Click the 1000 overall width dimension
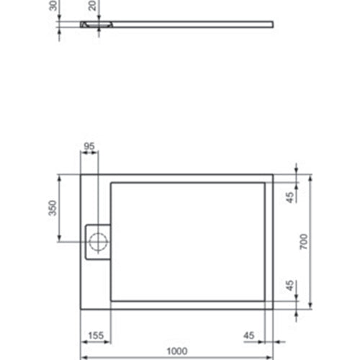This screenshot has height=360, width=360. click(x=177, y=351)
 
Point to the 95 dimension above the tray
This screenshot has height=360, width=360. click(x=89, y=147)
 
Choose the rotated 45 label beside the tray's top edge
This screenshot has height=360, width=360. click(x=289, y=197)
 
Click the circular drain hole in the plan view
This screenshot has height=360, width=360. click(x=96, y=240)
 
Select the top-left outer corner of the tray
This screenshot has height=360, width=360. click(x=79, y=174)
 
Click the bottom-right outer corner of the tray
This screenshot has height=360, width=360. click(x=273, y=310)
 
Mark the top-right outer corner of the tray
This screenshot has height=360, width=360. click(x=273, y=174)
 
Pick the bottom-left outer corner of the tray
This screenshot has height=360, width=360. click(x=79, y=310)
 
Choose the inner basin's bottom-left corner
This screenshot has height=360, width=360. click(x=110, y=300)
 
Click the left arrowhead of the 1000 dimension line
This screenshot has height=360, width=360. click(x=81, y=357)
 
